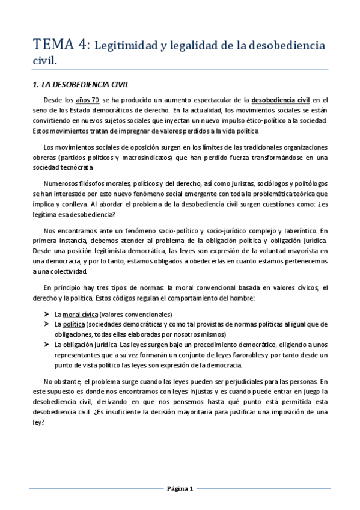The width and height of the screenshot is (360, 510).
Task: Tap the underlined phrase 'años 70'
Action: click(x=87, y=99)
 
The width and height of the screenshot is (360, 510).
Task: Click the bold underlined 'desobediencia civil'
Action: click(x=281, y=99)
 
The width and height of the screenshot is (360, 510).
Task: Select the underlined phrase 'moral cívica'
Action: click(x=80, y=315)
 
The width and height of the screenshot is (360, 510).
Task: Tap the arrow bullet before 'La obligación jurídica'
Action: click(x=46, y=345)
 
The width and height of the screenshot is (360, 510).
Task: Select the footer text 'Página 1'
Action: click(x=179, y=489)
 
